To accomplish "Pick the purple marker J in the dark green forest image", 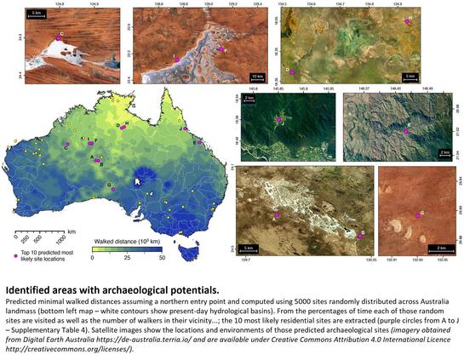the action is pos(278,121).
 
